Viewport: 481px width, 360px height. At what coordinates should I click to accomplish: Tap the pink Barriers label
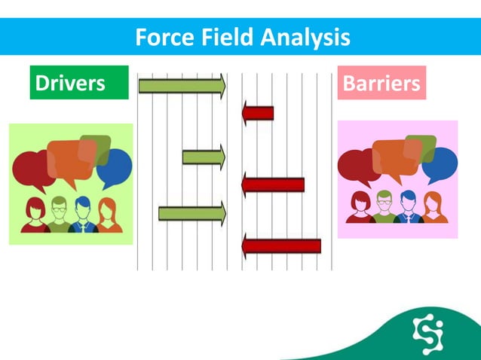(x=381, y=83)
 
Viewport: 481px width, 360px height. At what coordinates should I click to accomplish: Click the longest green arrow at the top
(x=182, y=86)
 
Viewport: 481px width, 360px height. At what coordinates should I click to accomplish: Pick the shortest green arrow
(x=203, y=157)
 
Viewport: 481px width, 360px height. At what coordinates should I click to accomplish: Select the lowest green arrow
(x=191, y=213)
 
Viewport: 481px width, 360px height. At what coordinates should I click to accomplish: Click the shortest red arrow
(x=258, y=114)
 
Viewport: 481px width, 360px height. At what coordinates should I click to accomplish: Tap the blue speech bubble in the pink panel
(x=440, y=165)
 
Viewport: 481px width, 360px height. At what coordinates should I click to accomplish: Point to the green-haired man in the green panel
(x=59, y=214)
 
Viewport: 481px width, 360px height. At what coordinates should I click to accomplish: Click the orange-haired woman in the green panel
(x=108, y=215)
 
